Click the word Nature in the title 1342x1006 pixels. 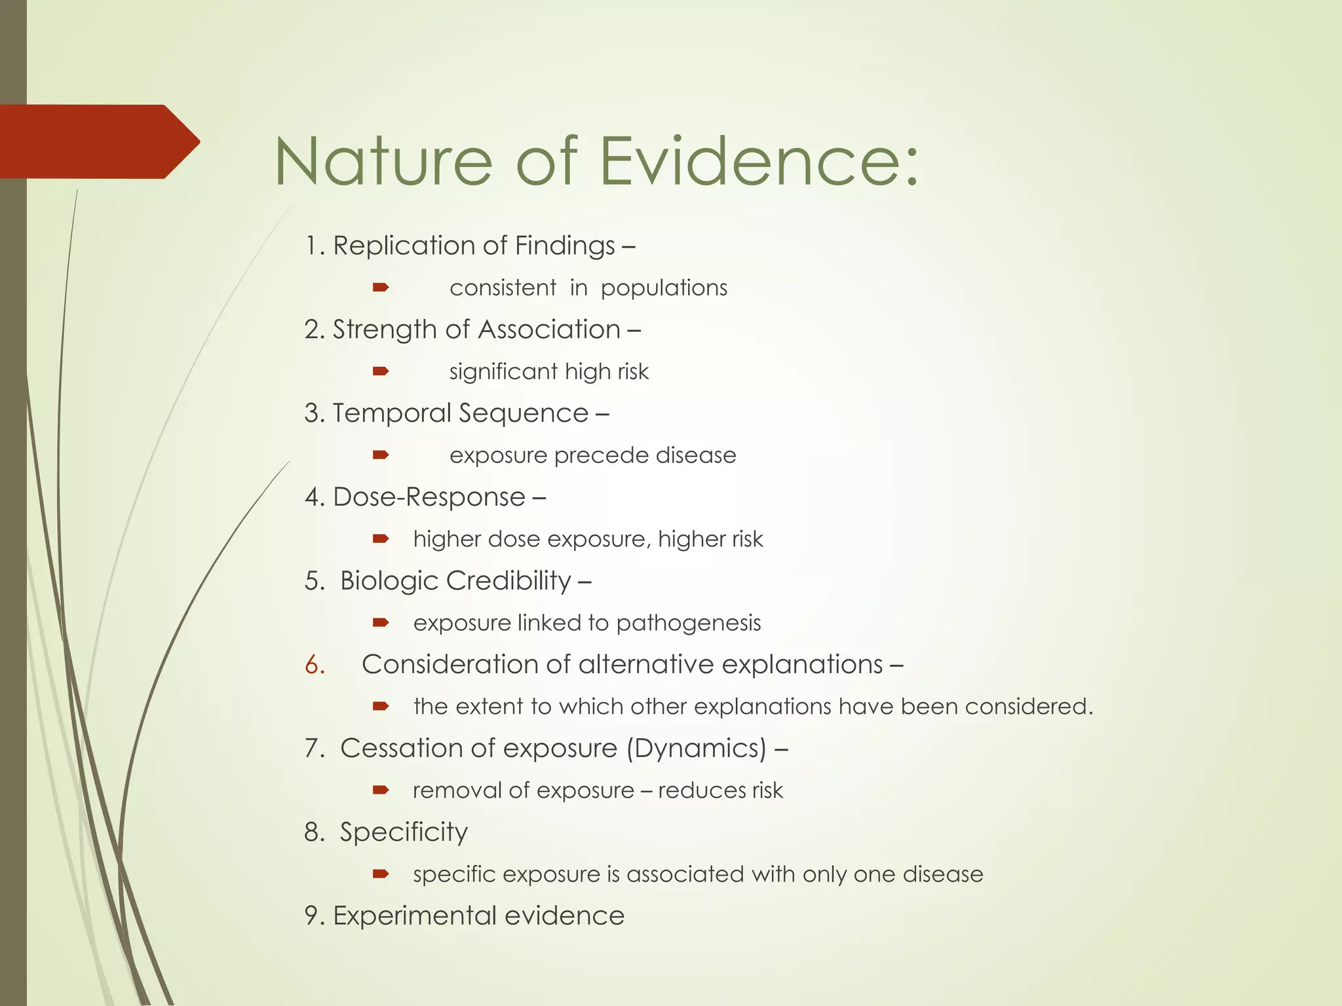[383, 161]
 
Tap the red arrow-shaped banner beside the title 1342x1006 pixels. [98, 141]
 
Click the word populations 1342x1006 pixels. [663, 288]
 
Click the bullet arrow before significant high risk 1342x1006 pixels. [381, 371]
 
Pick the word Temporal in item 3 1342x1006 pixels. [392, 413]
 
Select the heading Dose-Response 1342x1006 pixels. [429, 497]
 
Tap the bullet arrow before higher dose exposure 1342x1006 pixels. [381, 539]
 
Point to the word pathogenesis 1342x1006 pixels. [688, 623]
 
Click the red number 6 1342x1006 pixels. [315, 665]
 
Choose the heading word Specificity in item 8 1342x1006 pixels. [404, 832]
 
